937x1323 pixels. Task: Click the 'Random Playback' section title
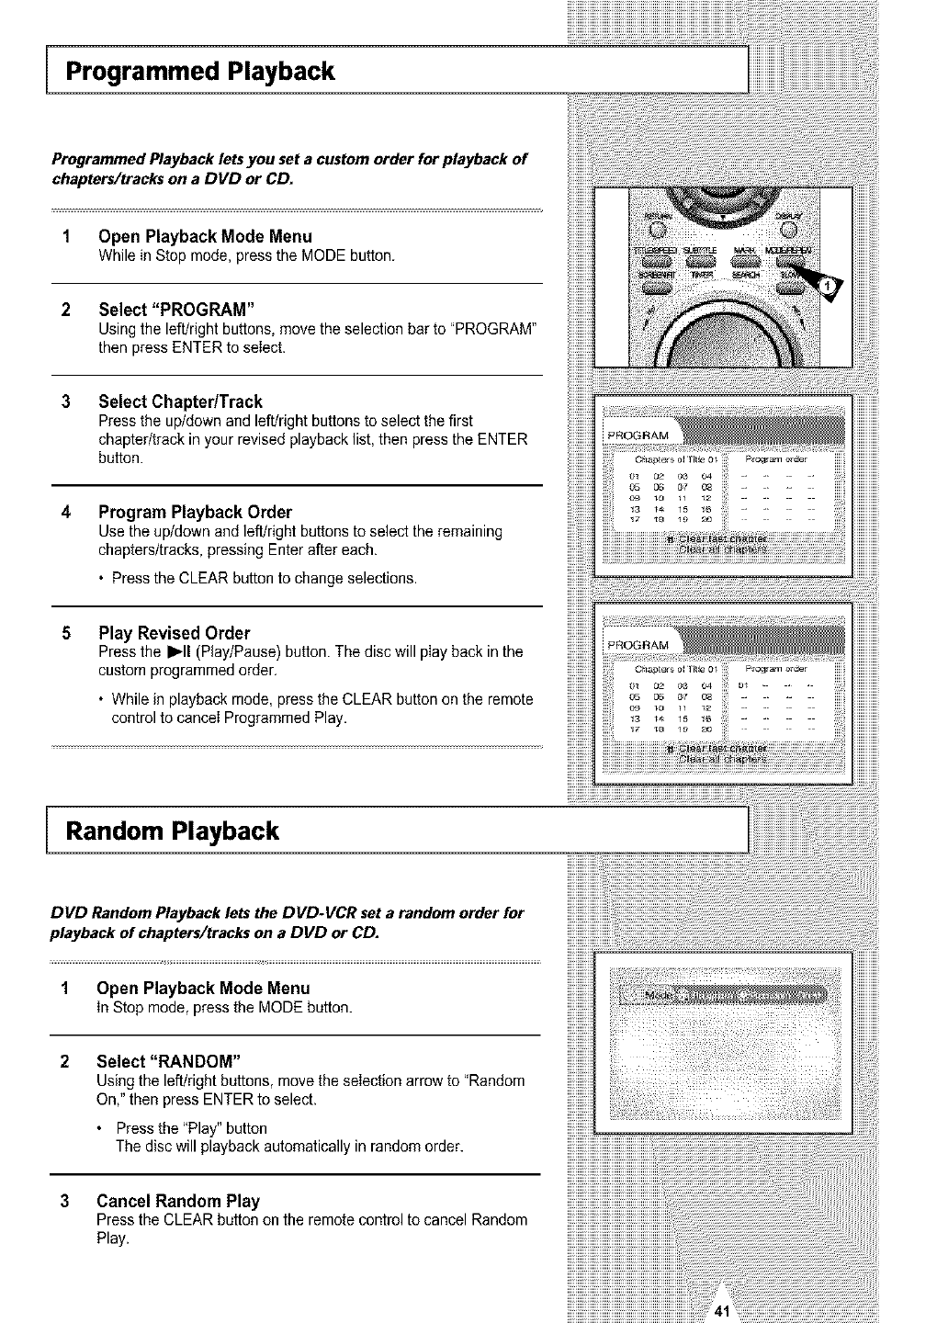(x=172, y=831)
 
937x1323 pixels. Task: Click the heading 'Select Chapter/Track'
(x=180, y=401)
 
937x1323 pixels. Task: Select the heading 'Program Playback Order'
(x=195, y=512)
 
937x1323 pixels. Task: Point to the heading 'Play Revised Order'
(x=174, y=633)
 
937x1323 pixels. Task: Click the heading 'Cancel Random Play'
(x=178, y=1201)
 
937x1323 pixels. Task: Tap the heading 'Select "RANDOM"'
(x=169, y=1061)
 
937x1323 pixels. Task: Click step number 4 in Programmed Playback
(x=65, y=512)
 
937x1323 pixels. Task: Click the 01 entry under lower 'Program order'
(x=745, y=684)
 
